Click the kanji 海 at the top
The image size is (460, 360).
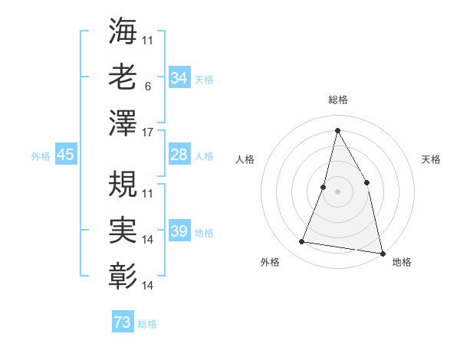(123, 32)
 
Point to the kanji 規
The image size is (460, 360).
(123, 183)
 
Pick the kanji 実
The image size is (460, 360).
(123, 228)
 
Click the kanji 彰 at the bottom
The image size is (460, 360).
(123, 273)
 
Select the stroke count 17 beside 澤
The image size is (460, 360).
(148, 131)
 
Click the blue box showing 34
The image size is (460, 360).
(179, 77)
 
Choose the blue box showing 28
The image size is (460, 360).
(179, 155)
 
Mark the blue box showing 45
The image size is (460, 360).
(65, 155)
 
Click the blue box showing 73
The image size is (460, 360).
(122, 322)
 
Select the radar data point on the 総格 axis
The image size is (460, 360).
(337, 130)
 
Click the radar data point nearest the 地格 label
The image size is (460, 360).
(382, 253)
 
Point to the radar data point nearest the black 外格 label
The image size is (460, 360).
(302, 242)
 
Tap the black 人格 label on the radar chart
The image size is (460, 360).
(245, 159)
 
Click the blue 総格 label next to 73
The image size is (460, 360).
(147, 324)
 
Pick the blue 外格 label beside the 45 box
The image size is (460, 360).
(40, 156)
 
